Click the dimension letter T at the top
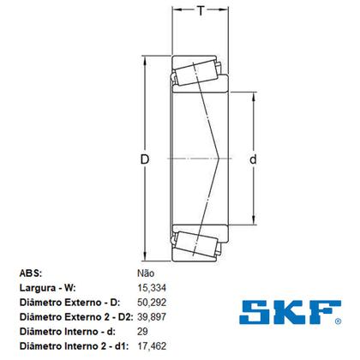click(201, 10)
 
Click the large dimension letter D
click(145, 160)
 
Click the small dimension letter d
click(253, 159)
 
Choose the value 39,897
click(152, 318)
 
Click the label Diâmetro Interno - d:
click(66, 333)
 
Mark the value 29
click(142, 333)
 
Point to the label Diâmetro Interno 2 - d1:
click(73, 347)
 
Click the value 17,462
click(152, 347)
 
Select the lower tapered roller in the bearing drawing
click(195, 243)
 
